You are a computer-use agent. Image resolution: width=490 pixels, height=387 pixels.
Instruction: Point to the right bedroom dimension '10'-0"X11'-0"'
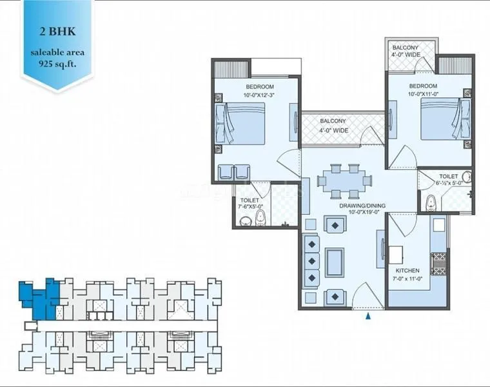coord(422,95)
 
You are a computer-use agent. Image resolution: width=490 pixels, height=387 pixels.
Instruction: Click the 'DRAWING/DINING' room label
coord(362,206)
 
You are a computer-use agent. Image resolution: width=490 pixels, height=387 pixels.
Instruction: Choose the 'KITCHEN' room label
coord(408,270)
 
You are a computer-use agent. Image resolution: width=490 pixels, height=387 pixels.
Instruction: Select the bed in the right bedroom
coord(445,119)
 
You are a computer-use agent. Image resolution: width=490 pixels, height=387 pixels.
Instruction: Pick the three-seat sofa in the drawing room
coord(311,261)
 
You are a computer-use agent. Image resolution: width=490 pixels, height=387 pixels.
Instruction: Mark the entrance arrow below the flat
coord(368,317)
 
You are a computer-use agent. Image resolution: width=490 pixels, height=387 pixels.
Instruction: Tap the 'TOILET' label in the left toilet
coord(249,201)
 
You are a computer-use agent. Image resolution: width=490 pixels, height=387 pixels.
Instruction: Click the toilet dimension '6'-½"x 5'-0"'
coord(449,183)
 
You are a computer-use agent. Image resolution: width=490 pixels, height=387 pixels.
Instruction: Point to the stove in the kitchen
coord(439,262)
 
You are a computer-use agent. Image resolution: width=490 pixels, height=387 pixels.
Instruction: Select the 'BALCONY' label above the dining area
coord(333,121)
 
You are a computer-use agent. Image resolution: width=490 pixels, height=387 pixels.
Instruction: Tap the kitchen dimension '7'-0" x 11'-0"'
coord(408,279)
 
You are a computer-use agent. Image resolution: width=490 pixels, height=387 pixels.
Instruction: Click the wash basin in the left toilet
coord(245,221)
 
